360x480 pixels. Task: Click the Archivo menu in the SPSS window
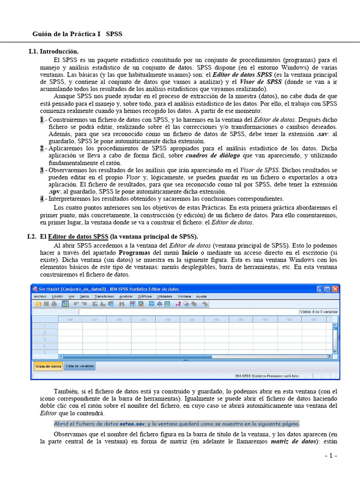(x=40, y=296)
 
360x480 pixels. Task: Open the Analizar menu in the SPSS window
(x=126, y=296)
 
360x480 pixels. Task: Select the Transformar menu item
(x=104, y=296)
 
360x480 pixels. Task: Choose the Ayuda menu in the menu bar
(x=201, y=296)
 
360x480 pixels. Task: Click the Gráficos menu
(x=144, y=296)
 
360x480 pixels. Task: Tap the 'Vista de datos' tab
(x=48, y=366)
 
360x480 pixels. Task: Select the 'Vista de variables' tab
(x=79, y=366)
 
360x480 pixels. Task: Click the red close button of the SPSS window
(x=335, y=289)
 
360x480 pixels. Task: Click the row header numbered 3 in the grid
(x=45, y=339)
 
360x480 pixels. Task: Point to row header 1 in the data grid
(x=45, y=326)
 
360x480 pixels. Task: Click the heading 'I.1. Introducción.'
(x=53, y=51)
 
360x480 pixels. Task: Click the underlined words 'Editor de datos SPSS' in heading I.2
(x=78, y=236)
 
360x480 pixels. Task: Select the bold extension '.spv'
(x=55, y=192)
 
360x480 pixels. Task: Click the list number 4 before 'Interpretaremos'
(x=42, y=199)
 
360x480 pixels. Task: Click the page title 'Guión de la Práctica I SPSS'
(x=77, y=34)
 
